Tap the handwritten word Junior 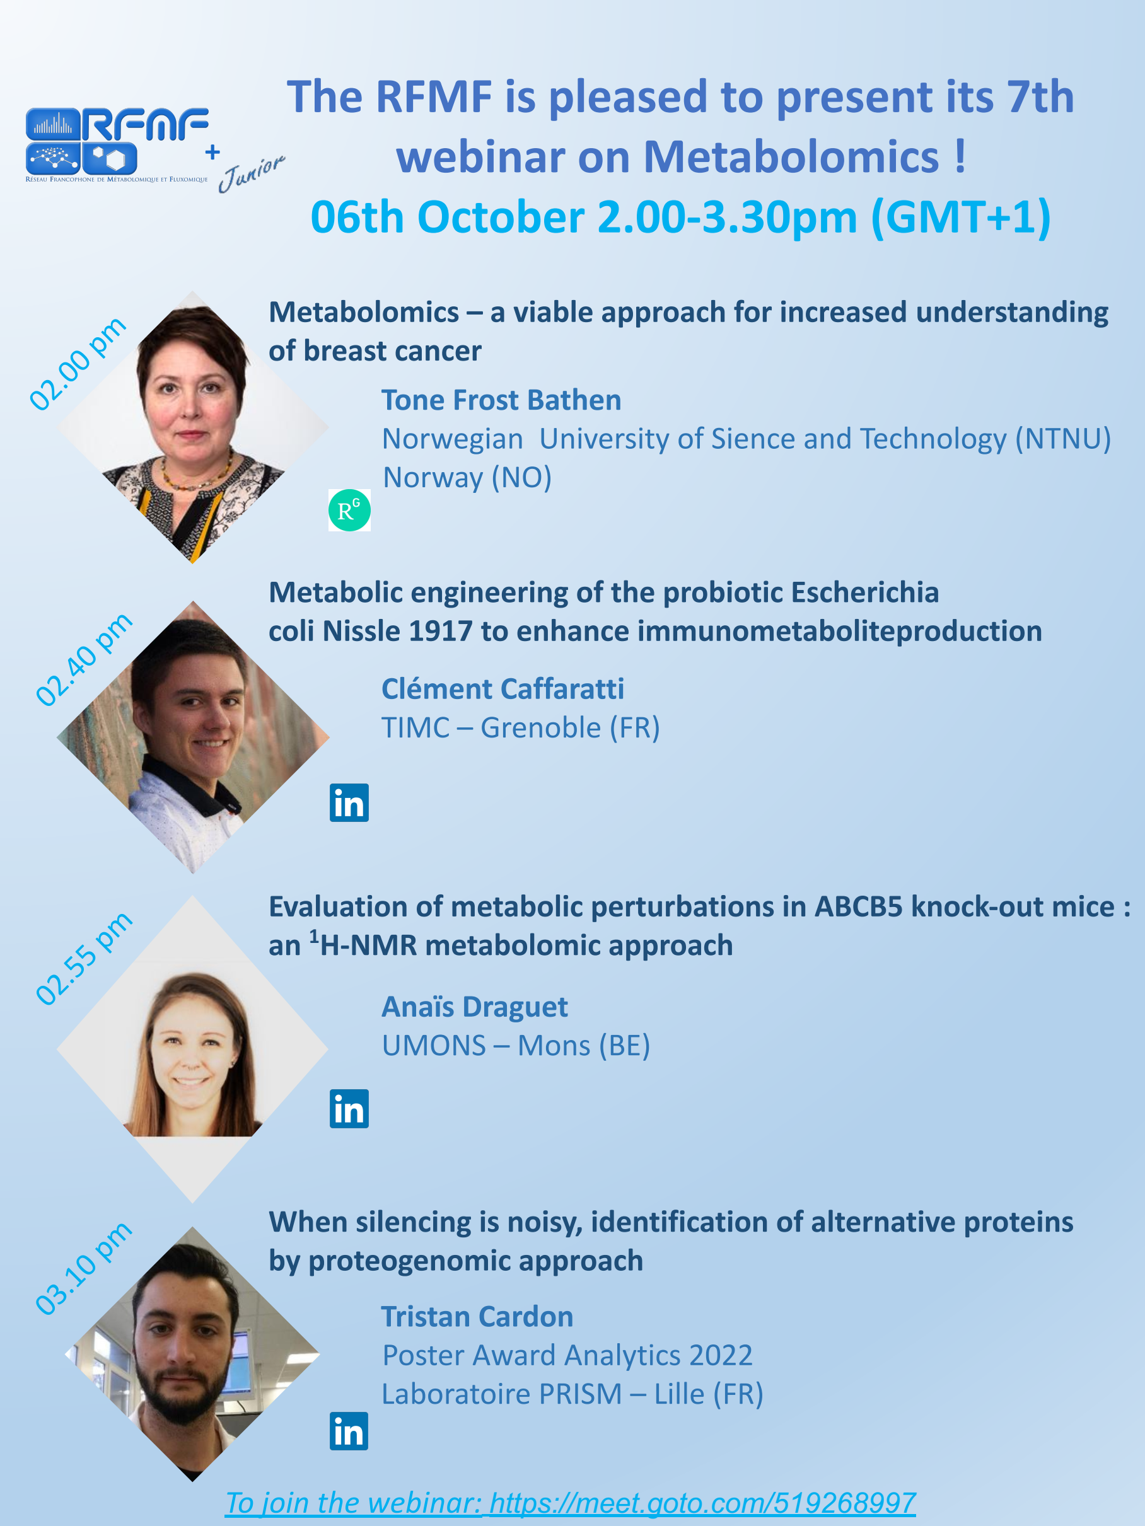point(251,173)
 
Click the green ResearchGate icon point(349,510)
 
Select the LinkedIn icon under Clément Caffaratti point(349,802)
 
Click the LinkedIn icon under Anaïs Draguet point(349,1109)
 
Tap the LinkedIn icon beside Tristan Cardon point(349,1431)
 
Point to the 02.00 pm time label point(78,364)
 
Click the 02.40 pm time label point(83,659)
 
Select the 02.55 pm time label point(83,958)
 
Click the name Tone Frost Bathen point(502,400)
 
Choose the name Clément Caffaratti point(503,688)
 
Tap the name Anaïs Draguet point(475,1007)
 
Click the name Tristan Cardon point(477,1316)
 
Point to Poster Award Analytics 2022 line point(567,1355)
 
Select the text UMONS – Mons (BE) point(516,1046)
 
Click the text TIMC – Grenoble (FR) point(521,728)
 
